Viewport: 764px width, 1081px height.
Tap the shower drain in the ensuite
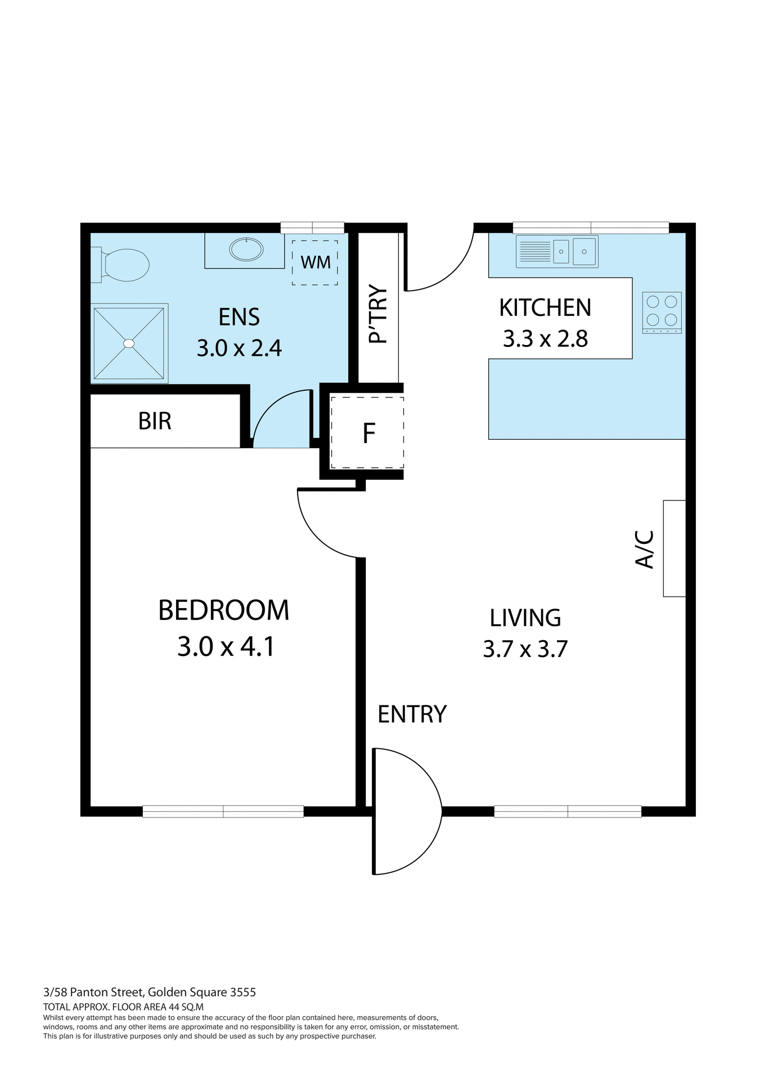(129, 343)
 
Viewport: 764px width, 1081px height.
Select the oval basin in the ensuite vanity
(246, 249)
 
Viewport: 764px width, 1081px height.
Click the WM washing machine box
(315, 262)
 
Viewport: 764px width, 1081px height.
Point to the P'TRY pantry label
(379, 315)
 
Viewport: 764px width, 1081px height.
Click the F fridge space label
(368, 433)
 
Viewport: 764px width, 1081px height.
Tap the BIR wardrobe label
(155, 421)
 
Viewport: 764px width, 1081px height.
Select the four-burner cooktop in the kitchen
(662, 312)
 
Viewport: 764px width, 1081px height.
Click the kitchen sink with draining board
(557, 251)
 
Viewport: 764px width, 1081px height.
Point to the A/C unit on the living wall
(674, 548)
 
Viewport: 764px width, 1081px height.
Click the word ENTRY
(412, 714)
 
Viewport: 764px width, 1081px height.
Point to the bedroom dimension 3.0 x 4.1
(226, 646)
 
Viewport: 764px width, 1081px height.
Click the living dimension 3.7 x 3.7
(525, 649)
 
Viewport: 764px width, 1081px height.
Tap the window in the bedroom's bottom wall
(223, 811)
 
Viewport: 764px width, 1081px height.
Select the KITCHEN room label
(545, 308)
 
